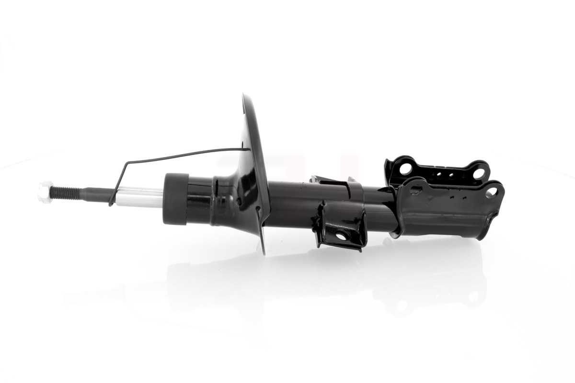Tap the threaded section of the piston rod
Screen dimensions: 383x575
(65, 193)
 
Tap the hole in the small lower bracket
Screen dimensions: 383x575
(341, 236)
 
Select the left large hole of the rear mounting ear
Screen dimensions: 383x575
(405, 169)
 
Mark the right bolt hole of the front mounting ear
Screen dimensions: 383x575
(491, 192)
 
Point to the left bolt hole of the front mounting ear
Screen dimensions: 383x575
(416, 190)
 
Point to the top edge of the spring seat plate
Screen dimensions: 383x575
(245, 98)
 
